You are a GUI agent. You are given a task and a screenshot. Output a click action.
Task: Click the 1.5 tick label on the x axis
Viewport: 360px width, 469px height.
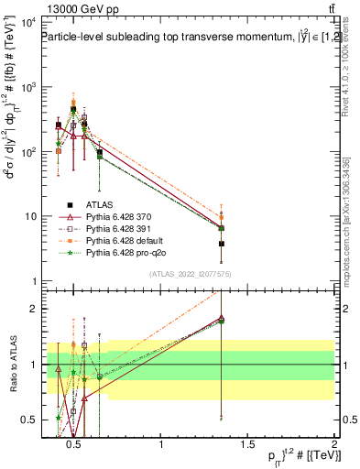pyautogui.click(x=248, y=445)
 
